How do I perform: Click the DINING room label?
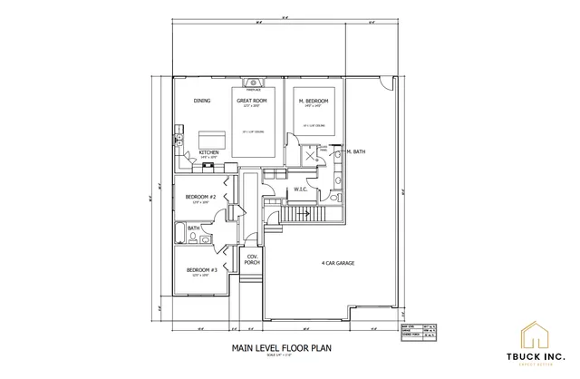click(x=201, y=101)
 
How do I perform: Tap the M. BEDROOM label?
click(x=313, y=101)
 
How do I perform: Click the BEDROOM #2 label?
click(x=200, y=197)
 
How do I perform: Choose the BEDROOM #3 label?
click(x=200, y=269)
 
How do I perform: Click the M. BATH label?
click(x=354, y=152)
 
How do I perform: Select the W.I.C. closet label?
click(x=303, y=189)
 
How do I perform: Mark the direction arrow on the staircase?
click(x=307, y=213)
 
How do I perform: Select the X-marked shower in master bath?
click(x=313, y=155)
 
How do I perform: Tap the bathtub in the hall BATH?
click(x=192, y=239)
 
